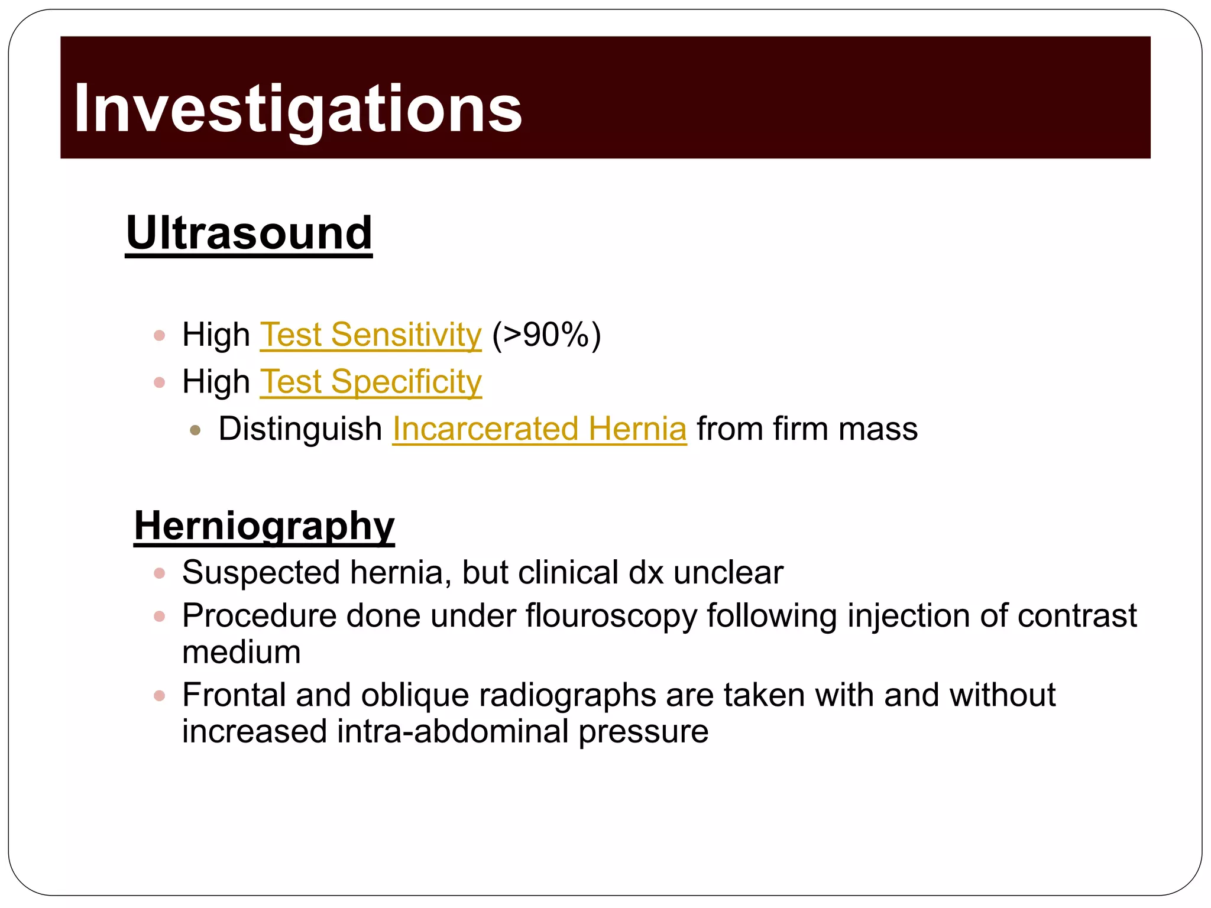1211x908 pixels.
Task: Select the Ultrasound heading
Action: [249, 233]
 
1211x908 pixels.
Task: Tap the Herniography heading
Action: [264, 526]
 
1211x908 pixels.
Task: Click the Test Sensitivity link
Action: [371, 335]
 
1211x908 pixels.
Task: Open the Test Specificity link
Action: [371, 382]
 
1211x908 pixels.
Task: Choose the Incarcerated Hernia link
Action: [539, 429]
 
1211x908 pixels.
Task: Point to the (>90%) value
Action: [546, 335]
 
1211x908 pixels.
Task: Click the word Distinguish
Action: [300, 430]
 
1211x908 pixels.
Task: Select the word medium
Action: [241, 653]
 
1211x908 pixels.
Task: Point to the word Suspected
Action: [261, 573]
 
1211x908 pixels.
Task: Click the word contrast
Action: [1077, 616]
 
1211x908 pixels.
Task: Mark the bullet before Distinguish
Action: [195, 430]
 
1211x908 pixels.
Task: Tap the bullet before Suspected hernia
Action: [159, 573]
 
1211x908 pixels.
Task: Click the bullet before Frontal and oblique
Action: [159, 696]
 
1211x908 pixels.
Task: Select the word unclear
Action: [728, 573]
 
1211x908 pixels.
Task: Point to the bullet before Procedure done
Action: [159, 617]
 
